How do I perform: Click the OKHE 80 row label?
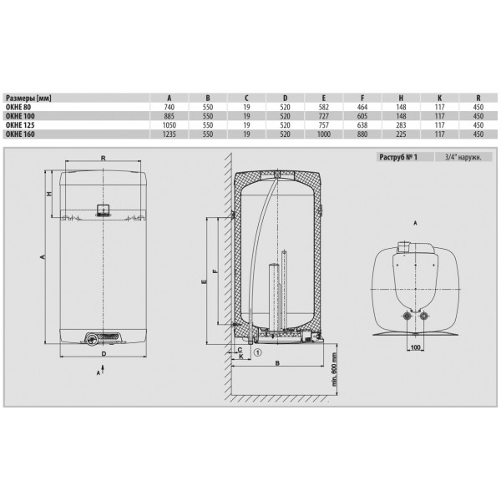point(18,107)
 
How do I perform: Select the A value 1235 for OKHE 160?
point(170,134)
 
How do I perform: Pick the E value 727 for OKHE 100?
point(324,116)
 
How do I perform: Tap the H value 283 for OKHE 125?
point(401,125)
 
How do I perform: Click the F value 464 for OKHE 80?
point(362,107)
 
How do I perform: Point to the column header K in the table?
point(440,98)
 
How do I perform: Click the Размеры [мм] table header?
point(28,98)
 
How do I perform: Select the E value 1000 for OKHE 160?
point(324,134)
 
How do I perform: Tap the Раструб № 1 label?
point(398,157)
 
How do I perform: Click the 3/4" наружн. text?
point(463,157)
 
